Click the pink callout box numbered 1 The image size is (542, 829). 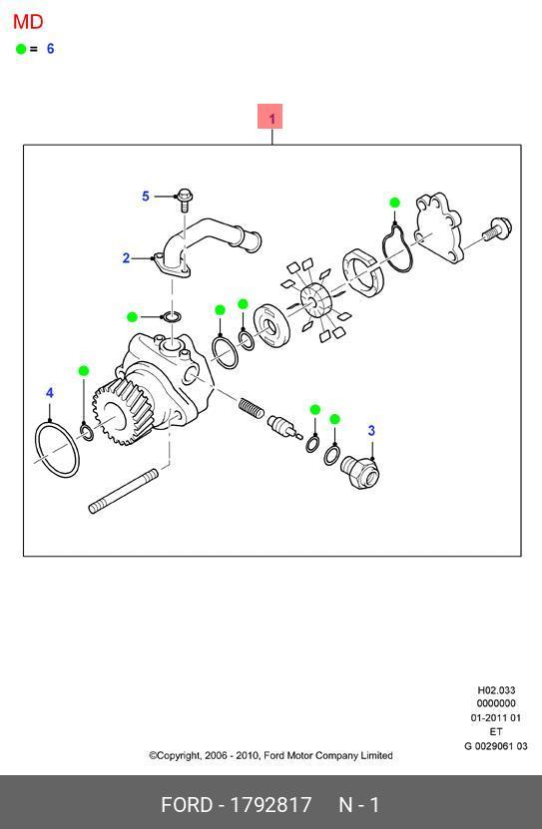[271, 117]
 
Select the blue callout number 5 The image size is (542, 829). [146, 197]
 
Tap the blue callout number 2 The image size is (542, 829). [126, 258]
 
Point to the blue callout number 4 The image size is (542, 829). [50, 393]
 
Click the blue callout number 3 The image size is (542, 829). [371, 431]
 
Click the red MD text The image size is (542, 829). [28, 22]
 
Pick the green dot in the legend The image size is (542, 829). [21, 49]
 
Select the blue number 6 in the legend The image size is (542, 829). [50, 49]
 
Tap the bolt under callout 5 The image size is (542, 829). [185, 201]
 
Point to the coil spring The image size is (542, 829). [252, 408]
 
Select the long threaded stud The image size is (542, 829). [123, 491]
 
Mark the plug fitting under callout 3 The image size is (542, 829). [360, 472]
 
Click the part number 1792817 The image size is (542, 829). [271, 805]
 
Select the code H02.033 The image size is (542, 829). [496, 690]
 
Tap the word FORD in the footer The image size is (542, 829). [186, 805]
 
